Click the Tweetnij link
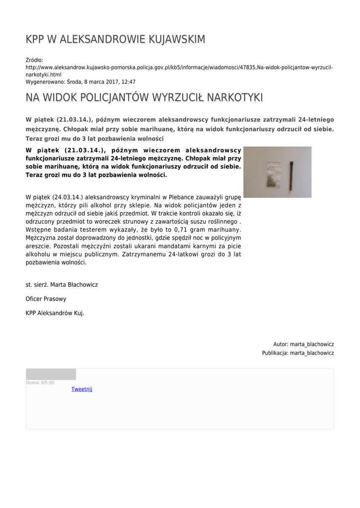coord(82,389)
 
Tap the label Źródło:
coord(35,60)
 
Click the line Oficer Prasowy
coord(46,299)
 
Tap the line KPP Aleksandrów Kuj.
coord(55,313)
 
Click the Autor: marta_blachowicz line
coord(303,344)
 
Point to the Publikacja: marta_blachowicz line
coord(298,353)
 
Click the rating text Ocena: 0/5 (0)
coord(40,382)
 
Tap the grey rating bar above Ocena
coord(51,374)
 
